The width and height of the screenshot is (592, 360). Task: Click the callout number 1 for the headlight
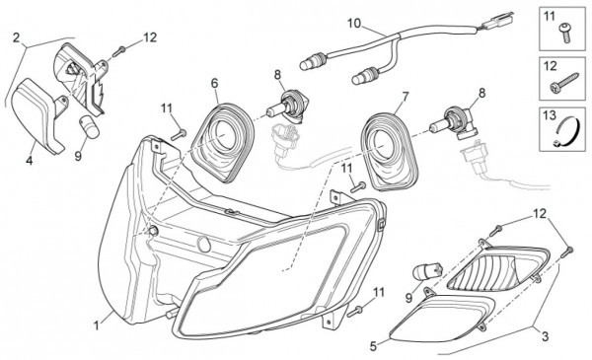tap(97, 324)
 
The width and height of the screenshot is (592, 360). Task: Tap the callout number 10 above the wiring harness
tap(354, 24)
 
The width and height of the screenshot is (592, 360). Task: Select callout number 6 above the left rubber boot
tap(214, 84)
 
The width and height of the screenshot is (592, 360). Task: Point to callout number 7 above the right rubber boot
tap(406, 97)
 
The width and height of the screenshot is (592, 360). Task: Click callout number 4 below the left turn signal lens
tap(29, 161)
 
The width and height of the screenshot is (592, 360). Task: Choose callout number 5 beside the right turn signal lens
tap(373, 346)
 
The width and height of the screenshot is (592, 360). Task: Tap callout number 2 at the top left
tap(16, 37)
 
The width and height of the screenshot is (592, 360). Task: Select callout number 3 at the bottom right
tap(545, 336)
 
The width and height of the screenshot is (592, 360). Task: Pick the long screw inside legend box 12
tap(564, 83)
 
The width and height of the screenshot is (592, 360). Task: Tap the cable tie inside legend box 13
tap(565, 131)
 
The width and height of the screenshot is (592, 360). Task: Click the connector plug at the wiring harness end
tap(497, 21)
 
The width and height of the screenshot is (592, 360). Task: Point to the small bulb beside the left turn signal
tap(89, 127)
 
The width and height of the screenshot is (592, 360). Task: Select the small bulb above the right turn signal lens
tap(428, 271)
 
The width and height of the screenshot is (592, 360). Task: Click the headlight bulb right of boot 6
tap(286, 106)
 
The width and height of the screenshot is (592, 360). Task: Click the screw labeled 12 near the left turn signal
tap(118, 51)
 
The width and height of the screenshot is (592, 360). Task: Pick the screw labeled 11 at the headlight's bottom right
tap(354, 312)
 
